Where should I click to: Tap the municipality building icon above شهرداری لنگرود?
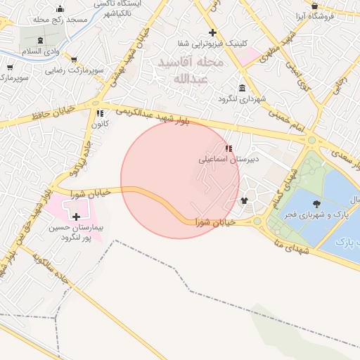(243, 88)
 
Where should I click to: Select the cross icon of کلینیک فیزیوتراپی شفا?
(212, 32)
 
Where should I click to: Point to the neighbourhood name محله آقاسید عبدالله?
(190, 71)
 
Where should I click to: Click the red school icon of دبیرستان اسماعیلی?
(228, 148)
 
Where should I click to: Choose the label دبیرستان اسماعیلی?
(229, 160)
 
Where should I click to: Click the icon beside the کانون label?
(100, 112)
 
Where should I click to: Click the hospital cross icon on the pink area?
(76, 217)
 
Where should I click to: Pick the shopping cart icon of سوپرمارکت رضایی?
(74, 60)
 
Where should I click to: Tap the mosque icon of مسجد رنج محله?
(60, 9)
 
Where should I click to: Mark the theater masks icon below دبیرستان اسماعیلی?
(244, 201)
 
